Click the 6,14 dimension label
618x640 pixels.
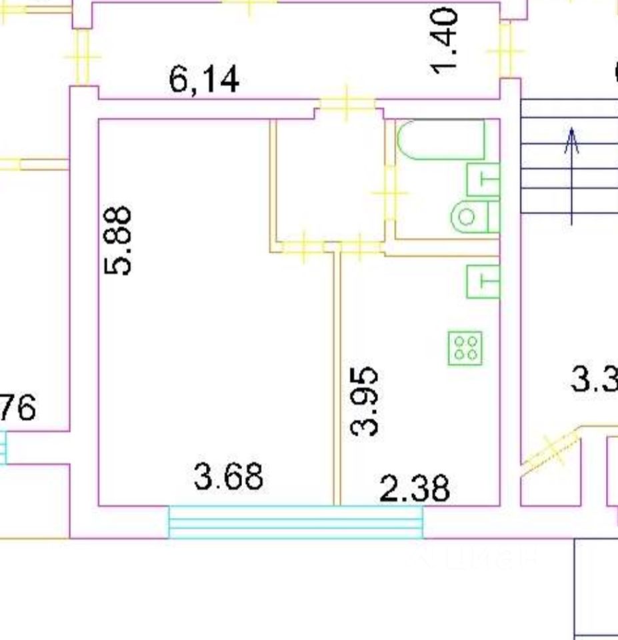[204, 81]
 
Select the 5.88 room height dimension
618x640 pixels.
[119, 241]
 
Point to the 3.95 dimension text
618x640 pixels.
[366, 401]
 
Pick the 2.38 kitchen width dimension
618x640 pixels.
[415, 489]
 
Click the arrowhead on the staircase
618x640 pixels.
[571, 141]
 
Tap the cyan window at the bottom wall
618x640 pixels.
[295, 522]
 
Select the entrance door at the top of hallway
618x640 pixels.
[346, 103]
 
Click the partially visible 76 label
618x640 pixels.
[18, 407]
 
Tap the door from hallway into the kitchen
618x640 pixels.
[361, 247]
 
